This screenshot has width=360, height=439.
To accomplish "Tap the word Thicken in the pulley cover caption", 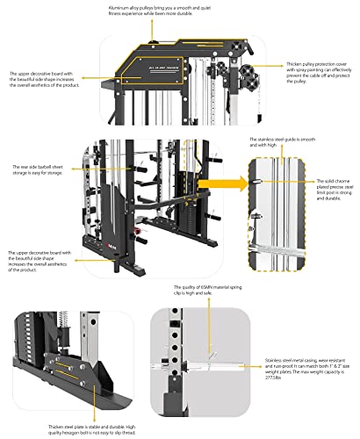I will point(294,64).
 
